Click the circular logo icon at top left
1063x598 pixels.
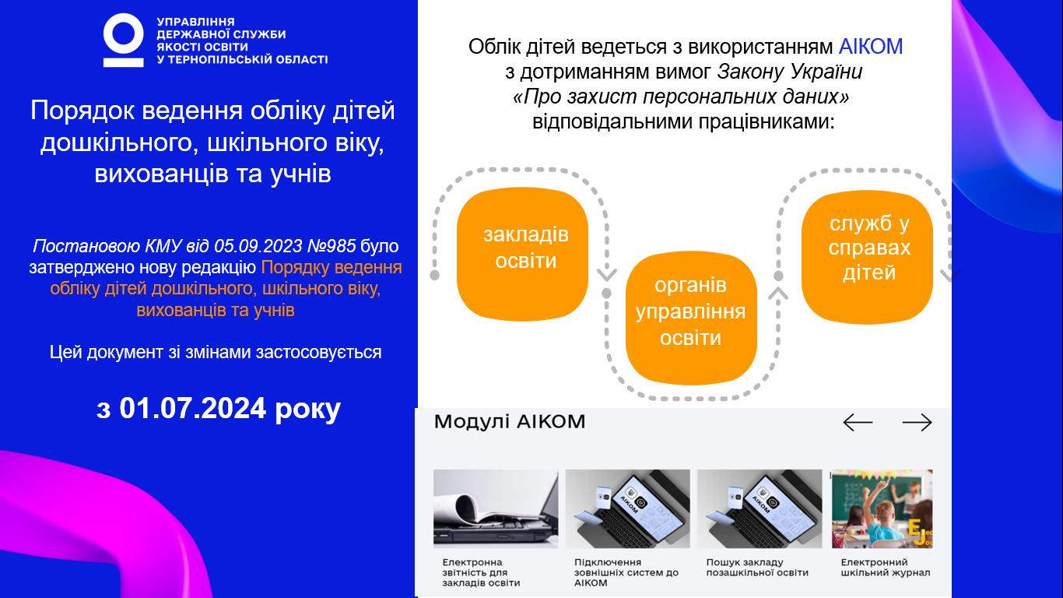pyautogui.click(x=124, y=40)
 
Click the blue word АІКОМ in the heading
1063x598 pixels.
pyautogui.click(x=870, y=47)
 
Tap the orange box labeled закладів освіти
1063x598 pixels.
pyautogui.click(x=522, y=254)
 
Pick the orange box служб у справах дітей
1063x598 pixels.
pyautogui.click(x=867, y=257)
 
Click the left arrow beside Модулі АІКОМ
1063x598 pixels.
pyautogui.click(x=858, y=422)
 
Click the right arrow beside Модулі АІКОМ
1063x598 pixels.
pyautogui.click(x=917, y=422)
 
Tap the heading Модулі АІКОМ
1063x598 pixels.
pyautogui.click(x=510, y=422)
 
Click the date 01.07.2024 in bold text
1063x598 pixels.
pyautogui.click(x=192, y=408)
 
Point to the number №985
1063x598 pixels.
pyautogui.click(x=332, y=246)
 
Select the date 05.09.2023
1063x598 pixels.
pyautogui.click(x=258, y=246)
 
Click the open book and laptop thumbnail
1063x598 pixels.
pyautogui.click(x=496, y=508)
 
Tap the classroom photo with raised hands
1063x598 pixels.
pyautogui.click(x=882, y=508)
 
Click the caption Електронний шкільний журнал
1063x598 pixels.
pyautogui.click(x=886, y=568)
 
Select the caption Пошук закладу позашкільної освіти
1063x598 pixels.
pyautogui.click(x=757, y=568)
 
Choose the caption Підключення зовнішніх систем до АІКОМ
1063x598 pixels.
pyautogui.click(x=626, y=572)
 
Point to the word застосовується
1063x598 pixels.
pyautogui.click(x=319, y=353)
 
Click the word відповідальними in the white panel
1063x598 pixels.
pyautogui.click(x=612, y=122)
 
